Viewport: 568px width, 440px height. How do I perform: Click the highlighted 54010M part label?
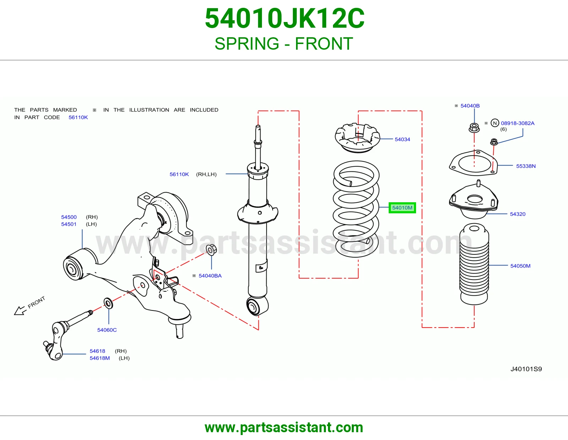(402, 208)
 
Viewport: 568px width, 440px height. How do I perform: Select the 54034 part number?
(402, 139)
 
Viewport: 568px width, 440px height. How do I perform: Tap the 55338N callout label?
(526, 166)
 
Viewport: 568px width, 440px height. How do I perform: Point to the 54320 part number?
(518, 214)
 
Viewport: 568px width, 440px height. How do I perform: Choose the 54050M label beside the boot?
(520, 266)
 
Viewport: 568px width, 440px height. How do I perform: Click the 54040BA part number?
(210, 276)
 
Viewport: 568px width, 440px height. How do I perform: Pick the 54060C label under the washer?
(107, 330)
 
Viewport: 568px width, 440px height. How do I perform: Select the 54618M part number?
(100, 358)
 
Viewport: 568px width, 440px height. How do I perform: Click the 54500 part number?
(69, 217)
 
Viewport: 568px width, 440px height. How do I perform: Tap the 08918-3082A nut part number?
(518, 123)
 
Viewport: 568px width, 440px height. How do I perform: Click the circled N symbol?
(495, 123)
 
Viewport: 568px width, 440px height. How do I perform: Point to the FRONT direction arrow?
(20, 311)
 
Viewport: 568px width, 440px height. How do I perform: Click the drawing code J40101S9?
(526, 369)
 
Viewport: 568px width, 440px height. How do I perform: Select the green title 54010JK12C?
(285, 18)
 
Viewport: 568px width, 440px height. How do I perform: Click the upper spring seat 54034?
(357, 138)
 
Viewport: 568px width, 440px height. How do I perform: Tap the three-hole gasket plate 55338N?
(473, 163)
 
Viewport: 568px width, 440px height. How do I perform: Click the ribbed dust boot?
(474, 264)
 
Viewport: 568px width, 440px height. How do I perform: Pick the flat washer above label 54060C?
(108, 303)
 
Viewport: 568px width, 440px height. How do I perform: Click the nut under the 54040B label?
(474, 128)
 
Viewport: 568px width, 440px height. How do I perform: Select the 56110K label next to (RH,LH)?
(179, 174)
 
